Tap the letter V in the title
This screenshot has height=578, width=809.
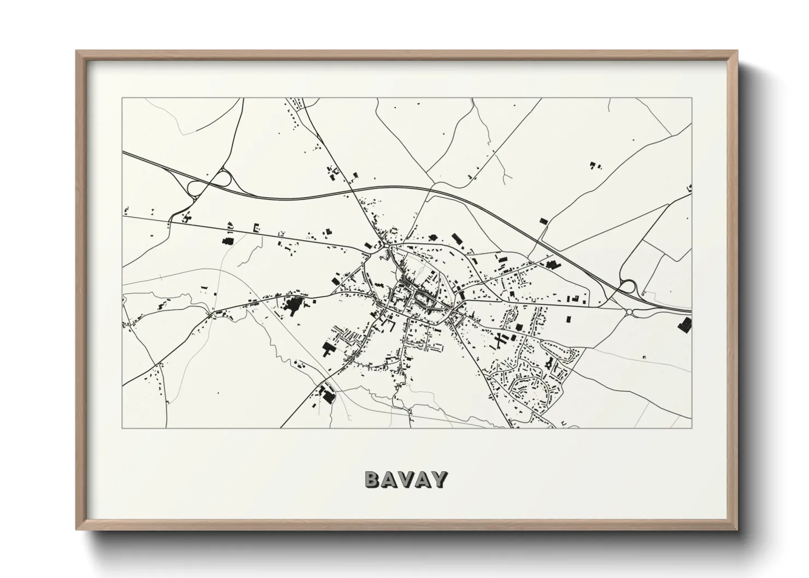coord(406,480)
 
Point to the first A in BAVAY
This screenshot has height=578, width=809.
coord(389,480)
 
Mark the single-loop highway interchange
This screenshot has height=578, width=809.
coord(628,286)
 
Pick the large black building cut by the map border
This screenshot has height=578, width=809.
coord(684,325)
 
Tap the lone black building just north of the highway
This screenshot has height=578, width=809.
coord(543,220)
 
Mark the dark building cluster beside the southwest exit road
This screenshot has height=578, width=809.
coord(327,394)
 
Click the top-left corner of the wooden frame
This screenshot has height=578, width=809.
coord(77,51)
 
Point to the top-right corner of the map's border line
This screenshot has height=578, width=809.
coord(691,98)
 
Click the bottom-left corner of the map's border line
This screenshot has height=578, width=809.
coord(122,428)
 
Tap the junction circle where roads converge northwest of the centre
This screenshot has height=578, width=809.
coord(388,249)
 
